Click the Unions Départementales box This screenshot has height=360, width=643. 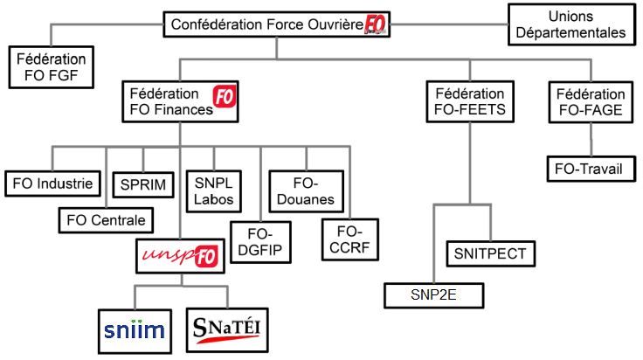(x=571, y=24)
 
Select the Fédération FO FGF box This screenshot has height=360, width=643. (x=52, y=67)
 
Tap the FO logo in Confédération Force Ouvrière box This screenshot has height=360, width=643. (x=375, y=24)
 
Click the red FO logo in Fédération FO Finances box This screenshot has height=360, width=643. (x=225, y=97)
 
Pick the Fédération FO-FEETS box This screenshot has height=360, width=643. (x=470, y=101)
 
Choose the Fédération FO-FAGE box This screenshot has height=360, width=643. (x=591, y=102)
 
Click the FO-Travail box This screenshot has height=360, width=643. (x=591, y=169)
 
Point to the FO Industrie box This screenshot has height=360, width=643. (x=53, y=183)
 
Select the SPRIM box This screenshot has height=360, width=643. (x=143, y=185)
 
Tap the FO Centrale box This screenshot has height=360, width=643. (x=106, y=220)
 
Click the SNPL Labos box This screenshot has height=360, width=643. (x=214, y=191)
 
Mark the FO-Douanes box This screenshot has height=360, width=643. (x=306, y=191)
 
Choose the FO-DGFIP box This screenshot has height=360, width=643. (x=260, y=242)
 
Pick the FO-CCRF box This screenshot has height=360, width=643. (x=349, y=240)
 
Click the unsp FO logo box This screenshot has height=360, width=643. (x=181, y=256)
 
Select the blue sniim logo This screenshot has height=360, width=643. (x=134, y=330)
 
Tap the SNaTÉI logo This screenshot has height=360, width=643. (x=227, y=330)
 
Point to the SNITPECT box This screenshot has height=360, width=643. (x=490, y=253)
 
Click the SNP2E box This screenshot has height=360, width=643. (x=434, y=295)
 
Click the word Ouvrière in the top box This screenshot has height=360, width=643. (x=335, y=24)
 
